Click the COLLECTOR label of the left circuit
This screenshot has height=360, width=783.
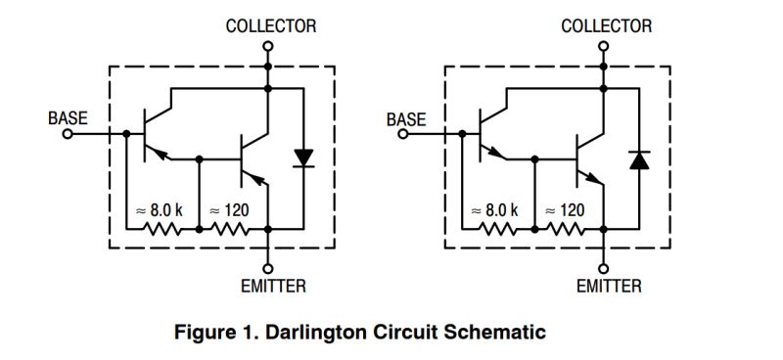[271, 26]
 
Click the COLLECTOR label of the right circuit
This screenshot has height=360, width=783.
[606, 26]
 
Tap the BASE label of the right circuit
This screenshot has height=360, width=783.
[406, 119]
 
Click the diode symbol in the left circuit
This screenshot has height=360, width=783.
[304, 157]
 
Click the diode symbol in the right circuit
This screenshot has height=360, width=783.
[639, 159]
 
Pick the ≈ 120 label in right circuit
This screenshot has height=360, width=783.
[565, 210]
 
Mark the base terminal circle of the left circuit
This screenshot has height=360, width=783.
[68, 134]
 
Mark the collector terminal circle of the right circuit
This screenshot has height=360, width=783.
[605, 46]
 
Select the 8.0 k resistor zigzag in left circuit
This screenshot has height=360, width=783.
[162, 230]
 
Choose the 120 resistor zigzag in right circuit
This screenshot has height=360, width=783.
[569, 230]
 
